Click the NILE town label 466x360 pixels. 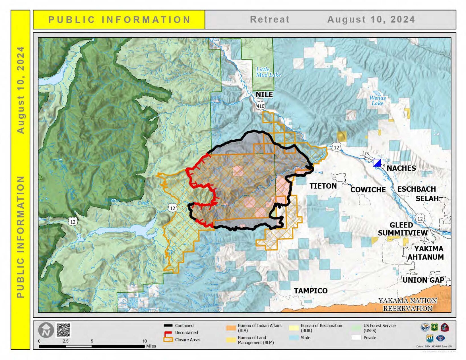[x=264, y=94]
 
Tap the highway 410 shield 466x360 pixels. [x=260, y=106]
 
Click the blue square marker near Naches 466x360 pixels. [x=377, y=163]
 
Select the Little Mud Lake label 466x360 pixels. [x=268, y=72]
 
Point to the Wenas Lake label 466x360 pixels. [x=377, y=100]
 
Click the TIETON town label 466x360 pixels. [x=323, y=186]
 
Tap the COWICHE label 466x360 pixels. [x=368, y=190]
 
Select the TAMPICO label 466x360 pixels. [x=310, y=291]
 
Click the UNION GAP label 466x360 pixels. [x=423, y=280]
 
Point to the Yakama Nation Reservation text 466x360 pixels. [x=407, y=304]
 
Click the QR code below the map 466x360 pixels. [x=63, y=330]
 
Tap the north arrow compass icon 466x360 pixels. [x=46, y=330]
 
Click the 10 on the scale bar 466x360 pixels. [x=145, y=341]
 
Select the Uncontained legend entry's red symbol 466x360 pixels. [x=168, y=333]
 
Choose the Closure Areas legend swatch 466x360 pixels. [x=168, y=340]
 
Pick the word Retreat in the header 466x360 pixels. [x=269, y=19]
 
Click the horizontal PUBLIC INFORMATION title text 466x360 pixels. [x=119, y=20]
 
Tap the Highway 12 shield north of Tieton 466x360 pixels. [x=336, y=147]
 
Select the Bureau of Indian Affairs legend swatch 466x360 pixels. [x=231, y=328]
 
